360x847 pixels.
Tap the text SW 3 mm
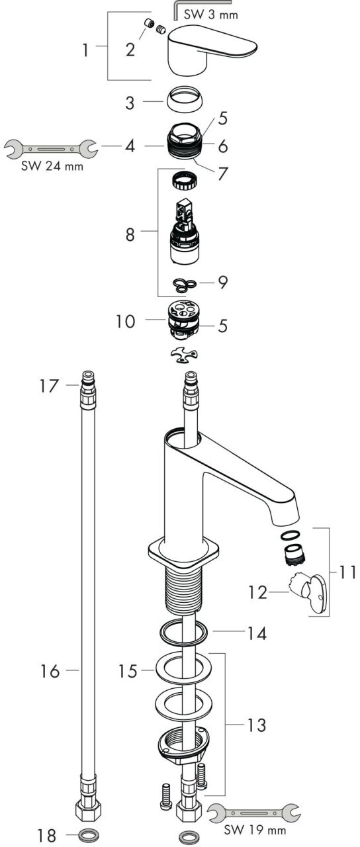click(x=210, y=15)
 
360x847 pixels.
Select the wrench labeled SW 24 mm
click(x=52, y=149)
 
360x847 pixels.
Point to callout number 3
click(x=130, y=103)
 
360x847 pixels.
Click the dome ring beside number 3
click(x=183, y=99)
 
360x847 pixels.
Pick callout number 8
click(x=130, y=235)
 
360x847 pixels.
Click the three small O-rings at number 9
click(x=184, y=285)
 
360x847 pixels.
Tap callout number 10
click(x=126, y=322)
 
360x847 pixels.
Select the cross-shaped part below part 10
click(x=184, y=356)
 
